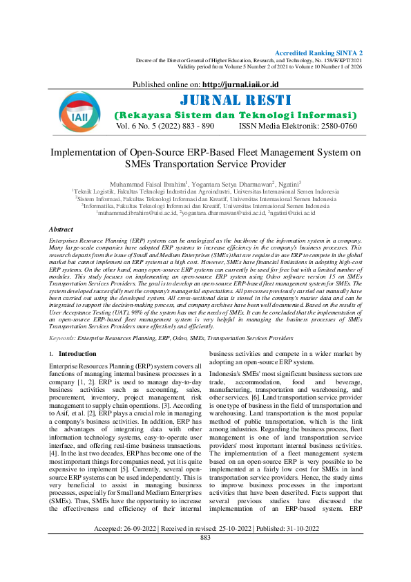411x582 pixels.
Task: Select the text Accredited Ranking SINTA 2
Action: pos(318,53)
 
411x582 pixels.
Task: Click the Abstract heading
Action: pos(61,229)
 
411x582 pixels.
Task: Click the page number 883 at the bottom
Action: pos(205,575)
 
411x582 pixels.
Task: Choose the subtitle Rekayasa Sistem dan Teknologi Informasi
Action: pos(235,115)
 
